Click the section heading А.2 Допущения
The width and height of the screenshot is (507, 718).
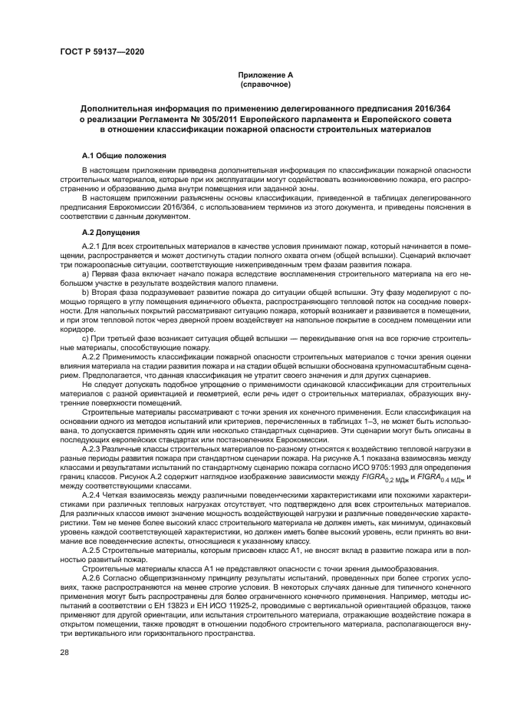110,231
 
